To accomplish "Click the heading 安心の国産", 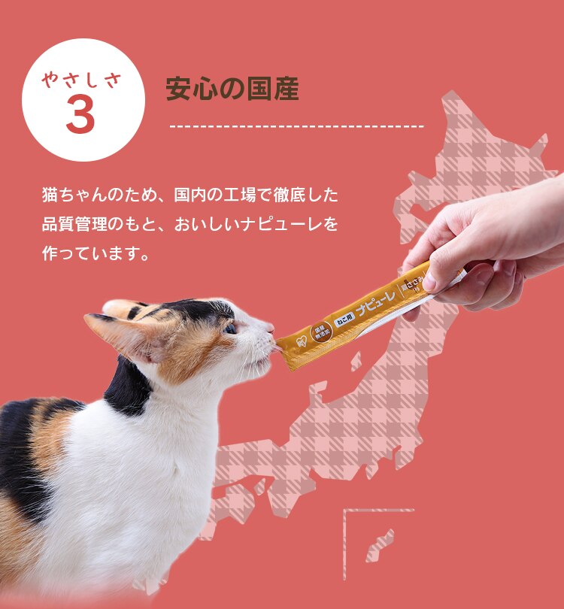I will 232,89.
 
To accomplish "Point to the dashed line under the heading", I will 297,126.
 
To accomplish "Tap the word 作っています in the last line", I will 89,252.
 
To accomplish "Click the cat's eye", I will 230,328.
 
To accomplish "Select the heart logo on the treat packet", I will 301,340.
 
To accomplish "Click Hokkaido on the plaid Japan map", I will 489,158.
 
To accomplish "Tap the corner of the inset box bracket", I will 346,512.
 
